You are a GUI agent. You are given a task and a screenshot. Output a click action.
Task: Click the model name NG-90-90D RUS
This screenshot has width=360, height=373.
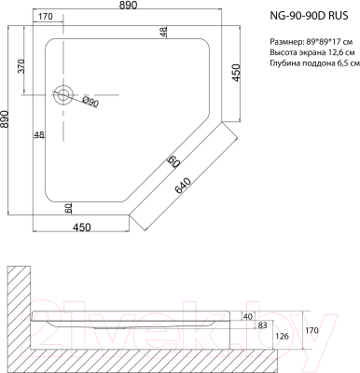point(309,16)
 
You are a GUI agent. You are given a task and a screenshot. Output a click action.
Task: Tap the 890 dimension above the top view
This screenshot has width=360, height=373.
point(128,6)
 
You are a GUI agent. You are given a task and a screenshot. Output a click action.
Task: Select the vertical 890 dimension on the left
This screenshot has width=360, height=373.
point(5,119)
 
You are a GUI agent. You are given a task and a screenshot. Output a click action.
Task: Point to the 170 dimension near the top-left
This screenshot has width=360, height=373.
point(46,17)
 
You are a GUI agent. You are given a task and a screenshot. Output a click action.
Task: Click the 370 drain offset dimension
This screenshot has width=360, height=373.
point(21,66)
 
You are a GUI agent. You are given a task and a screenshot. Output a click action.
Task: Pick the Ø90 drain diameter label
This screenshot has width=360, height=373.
point(90,102)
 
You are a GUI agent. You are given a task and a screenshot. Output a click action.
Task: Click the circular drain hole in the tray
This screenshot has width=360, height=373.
point(62,95)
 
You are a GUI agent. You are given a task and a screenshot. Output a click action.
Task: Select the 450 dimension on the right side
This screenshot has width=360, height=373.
point(236,73)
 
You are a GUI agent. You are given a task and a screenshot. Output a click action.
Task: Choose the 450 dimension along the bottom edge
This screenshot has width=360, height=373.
point(81,228)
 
